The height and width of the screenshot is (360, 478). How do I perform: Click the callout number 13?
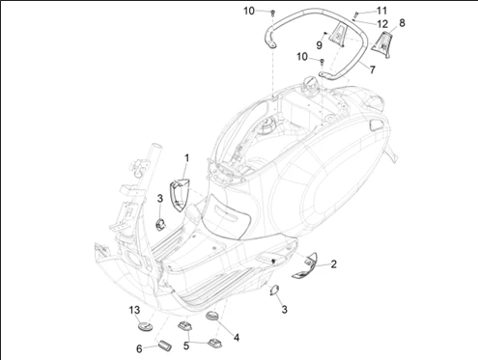(134, 310)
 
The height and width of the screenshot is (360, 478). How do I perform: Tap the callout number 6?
(139, 348)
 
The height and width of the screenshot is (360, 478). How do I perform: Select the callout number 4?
(237, 338)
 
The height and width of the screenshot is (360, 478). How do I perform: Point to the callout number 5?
(186, 346)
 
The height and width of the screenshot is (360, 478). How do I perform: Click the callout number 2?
(334, 264)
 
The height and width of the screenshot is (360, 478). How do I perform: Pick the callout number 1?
(186, 158)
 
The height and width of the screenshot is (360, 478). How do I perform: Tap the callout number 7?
(373, 69)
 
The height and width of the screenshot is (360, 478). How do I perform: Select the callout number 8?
(402, 23)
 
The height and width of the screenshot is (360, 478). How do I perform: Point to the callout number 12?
(382, 24)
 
